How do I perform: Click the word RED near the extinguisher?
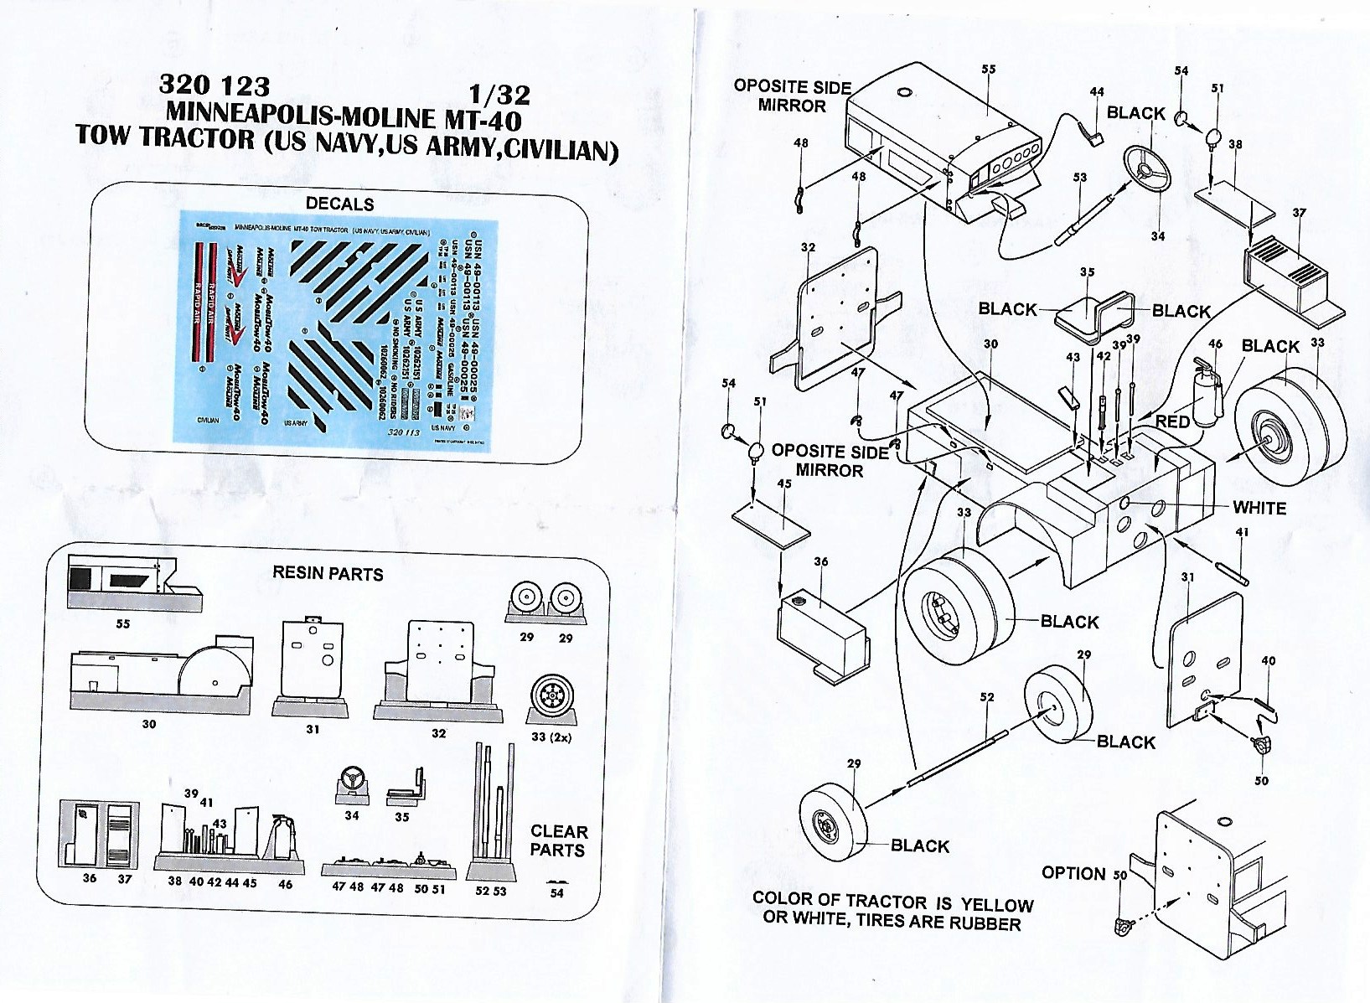pyautogui.click(x=1172, y=421)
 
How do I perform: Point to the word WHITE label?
pyautogui.click(x=1259, y=508)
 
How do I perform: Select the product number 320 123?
pyautogui.click(x=215, y=86)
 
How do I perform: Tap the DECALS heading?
pyautogui.click(x=339, y=204)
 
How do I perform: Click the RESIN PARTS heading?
pyautogui.click(x=328, y=574)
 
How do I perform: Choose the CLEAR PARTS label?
pyautogui.click(x=558, y=840)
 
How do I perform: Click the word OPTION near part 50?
pyautogui.click(x=1073, y=873)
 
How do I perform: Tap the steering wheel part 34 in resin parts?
pyautogui.click(x=351, y=779)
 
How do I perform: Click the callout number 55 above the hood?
pyautogui.click(x=988, y=70)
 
